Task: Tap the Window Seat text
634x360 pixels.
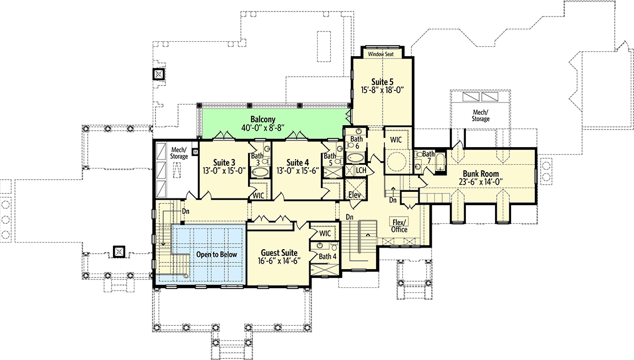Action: [382, 55]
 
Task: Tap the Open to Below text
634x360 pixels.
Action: [217, 255]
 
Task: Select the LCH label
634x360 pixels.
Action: [361, 170]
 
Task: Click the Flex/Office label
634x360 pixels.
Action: [399, 225]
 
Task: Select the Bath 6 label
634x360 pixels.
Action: [357, 142]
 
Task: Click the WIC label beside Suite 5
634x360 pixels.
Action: [396, 140]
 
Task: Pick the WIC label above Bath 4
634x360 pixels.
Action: [325, 233]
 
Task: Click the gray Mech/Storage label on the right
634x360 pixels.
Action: [480, 115]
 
